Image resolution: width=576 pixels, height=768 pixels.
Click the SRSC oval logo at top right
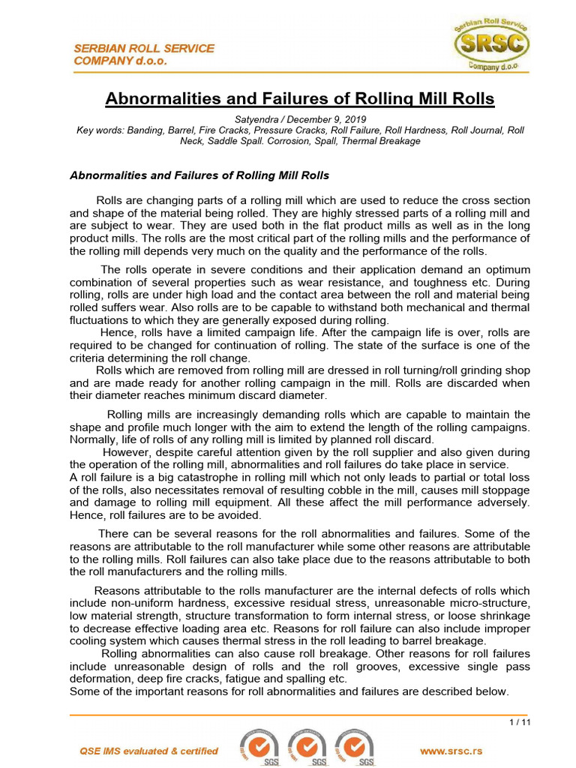coord(491,44)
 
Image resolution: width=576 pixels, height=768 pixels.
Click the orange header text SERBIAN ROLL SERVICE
coord(144,48)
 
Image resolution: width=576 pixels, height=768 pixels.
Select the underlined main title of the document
coord(299,99)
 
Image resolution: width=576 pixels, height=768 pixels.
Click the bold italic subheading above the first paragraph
coord(199,175)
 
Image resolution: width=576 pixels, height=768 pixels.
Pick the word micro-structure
coord(489,603)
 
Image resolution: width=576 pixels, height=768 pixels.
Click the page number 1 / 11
coord(519,722)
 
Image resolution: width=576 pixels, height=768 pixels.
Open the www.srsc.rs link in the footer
coord(451,751)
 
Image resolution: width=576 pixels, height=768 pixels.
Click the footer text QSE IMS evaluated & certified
coord(149,751)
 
